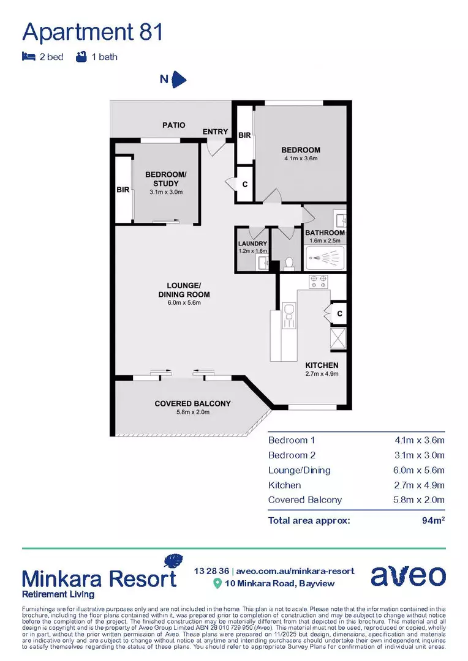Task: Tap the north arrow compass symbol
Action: (x=178, y=79)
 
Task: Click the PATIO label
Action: (x=174, y=125)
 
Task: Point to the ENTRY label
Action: (x=215, y=132)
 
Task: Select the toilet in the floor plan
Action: (x=290, y=262)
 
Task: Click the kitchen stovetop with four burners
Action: (x=318, y=282)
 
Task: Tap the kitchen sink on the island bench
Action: (x=289, y=318)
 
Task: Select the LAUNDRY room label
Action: (x=252, y=244)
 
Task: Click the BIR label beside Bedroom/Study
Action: (x=123, y=190)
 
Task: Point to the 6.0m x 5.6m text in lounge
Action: (x=184, y=302)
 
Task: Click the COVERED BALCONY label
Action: (x=192, y=403)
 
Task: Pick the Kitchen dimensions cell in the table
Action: (x=420, y=485)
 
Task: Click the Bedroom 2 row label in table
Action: (x=291, y=455)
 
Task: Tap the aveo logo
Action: (x=408, y=577)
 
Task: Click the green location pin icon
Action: (x=216, y=583)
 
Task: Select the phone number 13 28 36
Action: (x=210, y=570)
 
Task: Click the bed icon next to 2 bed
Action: (x=28, y=57)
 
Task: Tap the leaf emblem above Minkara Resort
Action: (x=173, y=561)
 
